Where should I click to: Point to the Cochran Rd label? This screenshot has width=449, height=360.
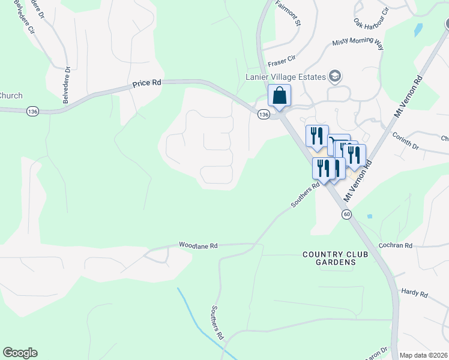(x=396, y=245)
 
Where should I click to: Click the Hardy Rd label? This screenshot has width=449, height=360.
(x=415, y=295)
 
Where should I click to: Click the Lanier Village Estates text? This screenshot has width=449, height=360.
(x=286, y=76)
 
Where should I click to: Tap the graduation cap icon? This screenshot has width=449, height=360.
(x=334, y=76)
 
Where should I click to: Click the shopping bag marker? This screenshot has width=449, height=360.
(x=279, y=96)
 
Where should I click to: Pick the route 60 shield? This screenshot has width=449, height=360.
(x=346, y=214)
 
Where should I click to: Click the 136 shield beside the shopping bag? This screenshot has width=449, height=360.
(x=263, y=114)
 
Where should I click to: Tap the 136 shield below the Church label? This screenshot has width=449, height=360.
(x=32, y=111)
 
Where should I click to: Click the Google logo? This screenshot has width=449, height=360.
(x=20, y=353)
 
